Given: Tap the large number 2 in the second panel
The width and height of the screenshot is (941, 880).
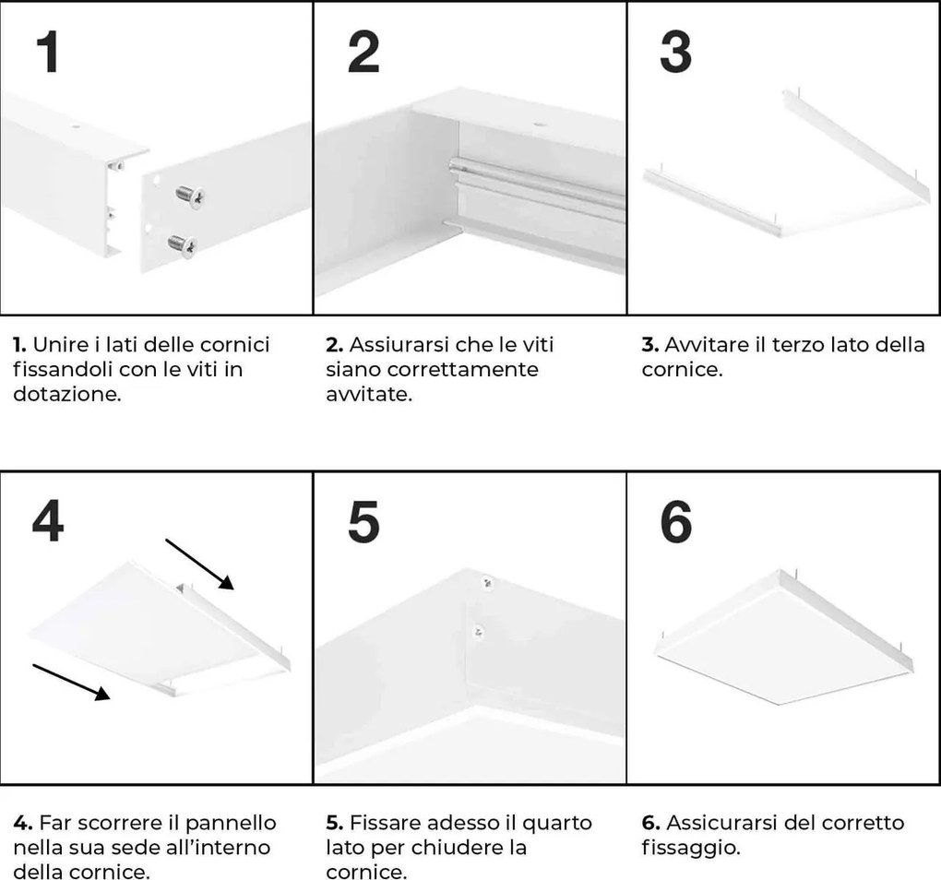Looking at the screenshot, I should pos(363,53).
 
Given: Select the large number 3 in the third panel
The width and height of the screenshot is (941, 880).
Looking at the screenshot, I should pos(675,53).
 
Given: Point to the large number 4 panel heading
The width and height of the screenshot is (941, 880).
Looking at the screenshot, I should pos(48,523).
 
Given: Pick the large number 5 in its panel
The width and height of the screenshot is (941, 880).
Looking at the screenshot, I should pos(363,523).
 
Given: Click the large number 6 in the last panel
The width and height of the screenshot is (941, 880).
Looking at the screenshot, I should pos(676,523).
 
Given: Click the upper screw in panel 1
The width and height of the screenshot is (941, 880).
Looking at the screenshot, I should pos(189,195).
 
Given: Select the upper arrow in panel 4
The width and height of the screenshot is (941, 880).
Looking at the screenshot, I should pos(200,562).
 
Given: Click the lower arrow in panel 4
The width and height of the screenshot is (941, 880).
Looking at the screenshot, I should pos(72,682).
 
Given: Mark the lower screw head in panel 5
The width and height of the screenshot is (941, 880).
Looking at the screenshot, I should pos(477,631).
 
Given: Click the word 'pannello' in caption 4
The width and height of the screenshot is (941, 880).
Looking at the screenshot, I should pos(233,822).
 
